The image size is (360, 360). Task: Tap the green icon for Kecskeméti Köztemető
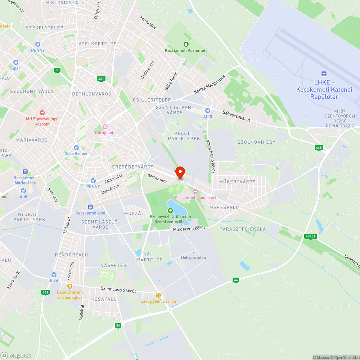186,44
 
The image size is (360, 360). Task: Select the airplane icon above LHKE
324,74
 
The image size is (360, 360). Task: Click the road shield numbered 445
319,148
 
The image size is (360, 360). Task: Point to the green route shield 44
236,280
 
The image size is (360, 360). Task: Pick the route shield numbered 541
45,292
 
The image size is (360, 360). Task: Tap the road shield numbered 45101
310,237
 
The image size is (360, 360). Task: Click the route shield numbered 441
101,79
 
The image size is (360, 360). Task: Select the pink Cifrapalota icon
105,126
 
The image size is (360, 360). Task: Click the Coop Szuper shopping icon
76,148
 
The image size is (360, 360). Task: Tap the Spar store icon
15,62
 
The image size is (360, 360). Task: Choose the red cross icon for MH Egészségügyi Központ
42,113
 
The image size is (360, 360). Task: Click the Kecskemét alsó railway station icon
90,207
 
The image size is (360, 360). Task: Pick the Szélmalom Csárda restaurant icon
158,295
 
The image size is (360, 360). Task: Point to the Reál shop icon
54,274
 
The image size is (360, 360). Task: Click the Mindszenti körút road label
189,229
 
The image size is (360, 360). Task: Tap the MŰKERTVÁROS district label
237,182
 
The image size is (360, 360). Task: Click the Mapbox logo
16,355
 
